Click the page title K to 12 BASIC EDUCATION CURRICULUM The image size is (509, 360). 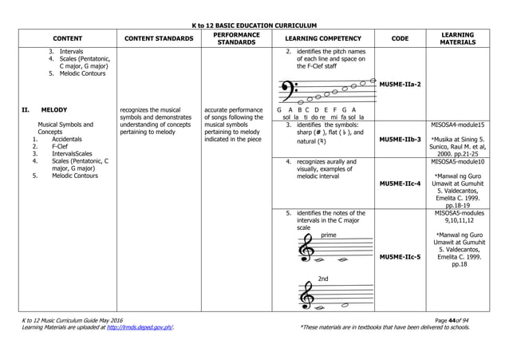[x=254, y=26]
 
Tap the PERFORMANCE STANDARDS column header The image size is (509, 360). [x=236, y=38]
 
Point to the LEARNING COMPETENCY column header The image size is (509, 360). [x=322, y=38]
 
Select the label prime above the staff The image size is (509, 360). [x=328, y=235]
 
